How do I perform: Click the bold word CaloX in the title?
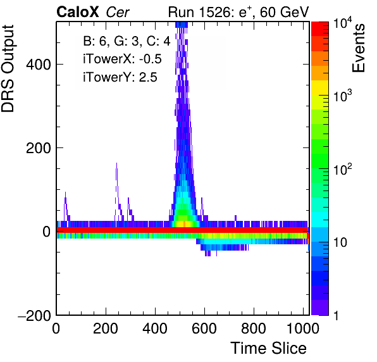(x=77, y=12)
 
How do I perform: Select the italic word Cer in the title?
(x=118, y=12)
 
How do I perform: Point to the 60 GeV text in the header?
(x=285, y=12)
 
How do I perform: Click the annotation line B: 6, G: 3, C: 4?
(x=127, y=41)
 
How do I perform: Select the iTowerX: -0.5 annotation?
(x=122, y=59)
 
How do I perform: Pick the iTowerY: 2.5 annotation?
(x=120, y=77)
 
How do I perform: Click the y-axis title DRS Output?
(x=8, y=68)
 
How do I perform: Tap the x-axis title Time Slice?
(x=269, y=348)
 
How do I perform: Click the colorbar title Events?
(x=358, y=48)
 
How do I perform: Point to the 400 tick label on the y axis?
(x=39, y=65)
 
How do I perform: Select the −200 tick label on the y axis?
(x=34, y=315)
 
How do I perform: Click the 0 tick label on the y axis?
(x=47, y=232)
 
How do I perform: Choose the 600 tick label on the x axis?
(x=204, y=328)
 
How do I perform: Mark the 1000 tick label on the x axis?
(x=303, y=328)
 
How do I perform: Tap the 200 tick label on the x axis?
(x=106, y=328)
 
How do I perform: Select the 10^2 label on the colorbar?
(x=342, y=170)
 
